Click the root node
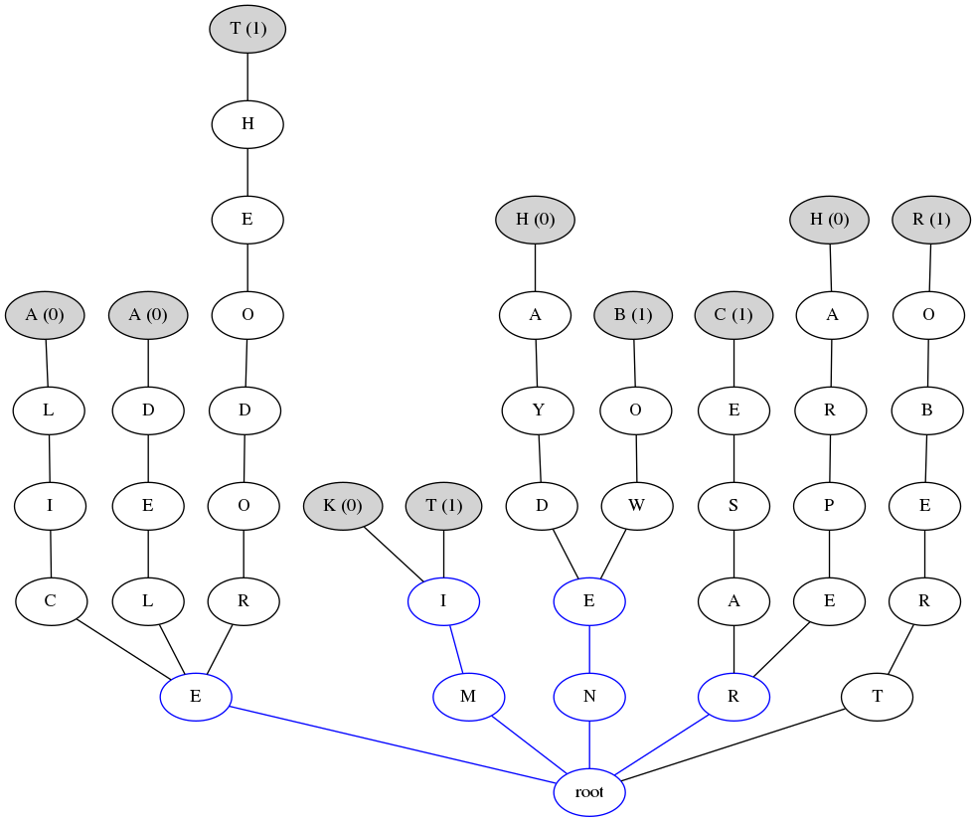tap(589, 792)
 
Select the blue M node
tap(468, 697)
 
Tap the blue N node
tap(589, 697)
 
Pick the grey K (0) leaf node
tap(343, 506)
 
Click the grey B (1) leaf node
tap(633, 315)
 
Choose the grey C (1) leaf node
tap(733, 315)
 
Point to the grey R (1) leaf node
tap(930, 219)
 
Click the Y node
tap(538, 411)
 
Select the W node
tap(637, 506)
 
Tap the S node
tap(733, 506)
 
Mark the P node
tap(829, 506)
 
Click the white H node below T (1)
tap(247, 124)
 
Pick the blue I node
tap(444, 601)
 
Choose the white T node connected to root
tap(877, 697)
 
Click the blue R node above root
tap(733, 697)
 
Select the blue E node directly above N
tap(589, 601)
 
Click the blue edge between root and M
tap(529, 744)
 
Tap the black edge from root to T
tap(735, 743)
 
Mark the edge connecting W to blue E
tap(614, 553)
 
